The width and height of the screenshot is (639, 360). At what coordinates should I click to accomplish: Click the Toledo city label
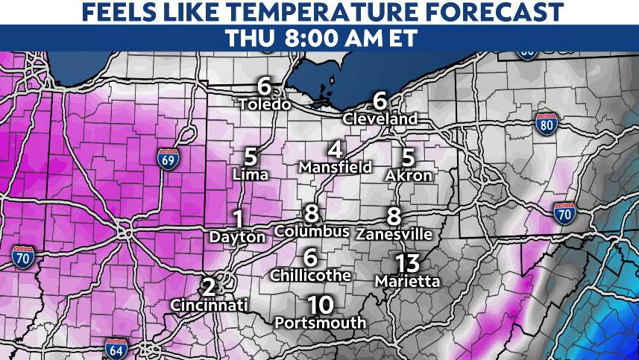[x=264, y=104]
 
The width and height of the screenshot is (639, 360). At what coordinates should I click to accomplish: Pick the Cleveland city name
[x=380, y=119]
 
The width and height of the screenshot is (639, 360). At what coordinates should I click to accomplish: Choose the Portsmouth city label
[x=321, y=323]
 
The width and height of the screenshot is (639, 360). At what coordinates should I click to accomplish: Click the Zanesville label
[x=394, y=233]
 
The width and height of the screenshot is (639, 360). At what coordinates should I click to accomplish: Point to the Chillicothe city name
[x=310, y=275]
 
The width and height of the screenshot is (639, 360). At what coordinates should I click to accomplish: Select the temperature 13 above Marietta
[x=408, y=263]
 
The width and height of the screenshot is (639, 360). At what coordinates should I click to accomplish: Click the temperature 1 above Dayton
[x=239, y=219]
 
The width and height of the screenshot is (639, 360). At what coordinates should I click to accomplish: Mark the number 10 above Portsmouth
[x=320, y=305]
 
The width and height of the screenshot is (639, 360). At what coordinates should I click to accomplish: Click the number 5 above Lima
[x=251, y=157]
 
